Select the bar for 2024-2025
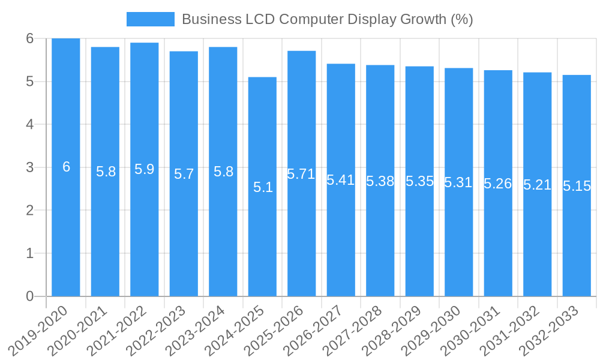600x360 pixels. pyautogui.click(x=262, y=240)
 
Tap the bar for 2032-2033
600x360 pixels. pyautogui.click(x=577, y=240)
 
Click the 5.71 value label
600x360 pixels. pyautogui.click(x=301, y=174)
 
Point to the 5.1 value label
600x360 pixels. pyautogui.click(x=263, y=187)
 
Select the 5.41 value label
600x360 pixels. pyautogui.click(x=341, y=180)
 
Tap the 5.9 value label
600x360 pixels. pyautogui.click(x=145, y=169)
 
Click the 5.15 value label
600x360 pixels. pyautogui.click(x=577, y=186)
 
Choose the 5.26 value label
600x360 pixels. pyautogui.click(x=498, y=184)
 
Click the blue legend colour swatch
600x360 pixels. pyautogui.click(x=150, y=19)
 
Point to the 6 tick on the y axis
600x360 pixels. pyautogui.click(x=29, y=38)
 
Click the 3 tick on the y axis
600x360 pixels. pyautogui.click(x=29, y=167)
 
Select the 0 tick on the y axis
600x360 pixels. pyautogui.click(x=29, y=296)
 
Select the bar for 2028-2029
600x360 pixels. pyautogui.click(x=419, y=240)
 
